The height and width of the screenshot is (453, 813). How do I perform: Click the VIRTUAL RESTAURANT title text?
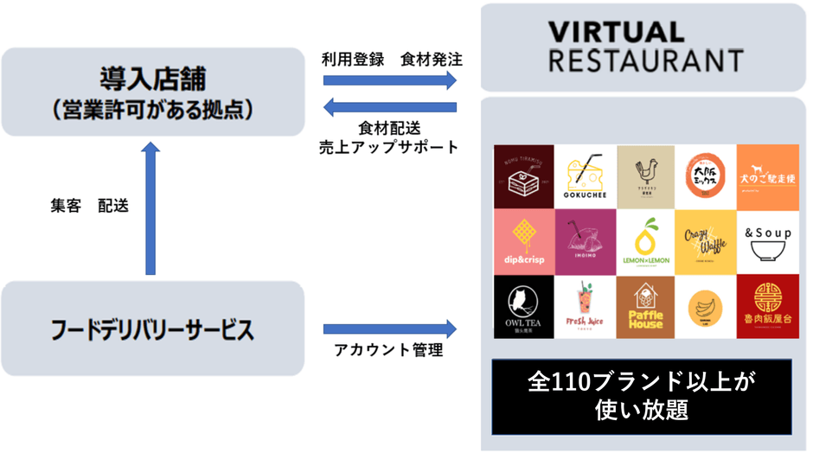coord(645,48)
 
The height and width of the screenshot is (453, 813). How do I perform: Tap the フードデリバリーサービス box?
coord(153,329)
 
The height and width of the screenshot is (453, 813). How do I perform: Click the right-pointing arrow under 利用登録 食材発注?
coord(390,80)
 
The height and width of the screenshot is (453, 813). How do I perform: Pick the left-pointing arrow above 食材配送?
coord(390,107)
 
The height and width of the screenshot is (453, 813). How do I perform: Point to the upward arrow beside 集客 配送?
coord(150,208)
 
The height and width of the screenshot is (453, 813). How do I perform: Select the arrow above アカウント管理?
coord(390,329)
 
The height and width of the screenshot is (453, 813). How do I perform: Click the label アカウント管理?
coord(388,351)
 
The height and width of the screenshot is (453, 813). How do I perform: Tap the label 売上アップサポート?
coord(389,147)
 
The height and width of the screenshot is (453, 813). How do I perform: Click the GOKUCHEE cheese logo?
coord(585,176)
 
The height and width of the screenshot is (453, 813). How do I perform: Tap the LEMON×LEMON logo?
coord(645,242)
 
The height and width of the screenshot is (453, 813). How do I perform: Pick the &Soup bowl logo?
coord(767,242)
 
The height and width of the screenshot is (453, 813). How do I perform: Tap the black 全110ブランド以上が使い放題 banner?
coord(641,397)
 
